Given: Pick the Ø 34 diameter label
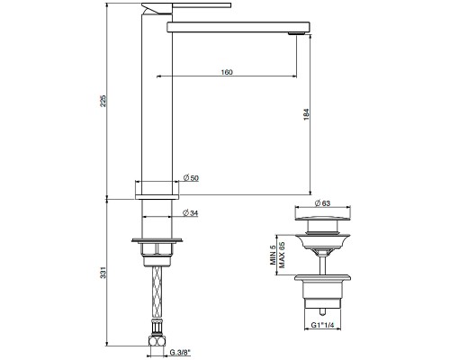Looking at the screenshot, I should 191,213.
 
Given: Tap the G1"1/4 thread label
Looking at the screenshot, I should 325,325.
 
